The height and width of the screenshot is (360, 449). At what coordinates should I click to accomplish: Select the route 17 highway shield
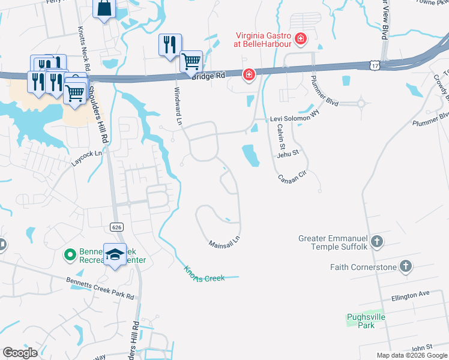point(375,64)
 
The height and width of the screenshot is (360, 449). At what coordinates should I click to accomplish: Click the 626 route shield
point(116,226)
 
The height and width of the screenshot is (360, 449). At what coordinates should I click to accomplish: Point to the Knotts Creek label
point(203,275)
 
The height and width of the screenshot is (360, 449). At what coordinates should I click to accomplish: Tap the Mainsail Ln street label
point(224,244)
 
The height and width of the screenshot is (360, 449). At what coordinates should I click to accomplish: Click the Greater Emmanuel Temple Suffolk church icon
point(376,242)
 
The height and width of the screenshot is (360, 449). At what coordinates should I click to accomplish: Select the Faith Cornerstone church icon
point(406,266)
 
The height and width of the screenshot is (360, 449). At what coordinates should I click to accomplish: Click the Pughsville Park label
point(366,321)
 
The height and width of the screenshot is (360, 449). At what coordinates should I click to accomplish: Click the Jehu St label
point(288,154)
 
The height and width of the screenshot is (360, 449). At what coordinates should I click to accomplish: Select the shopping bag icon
point(104,8)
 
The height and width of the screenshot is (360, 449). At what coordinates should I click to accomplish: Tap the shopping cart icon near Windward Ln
point(191,61)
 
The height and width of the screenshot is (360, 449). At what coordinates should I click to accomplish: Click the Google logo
point(20,353)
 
